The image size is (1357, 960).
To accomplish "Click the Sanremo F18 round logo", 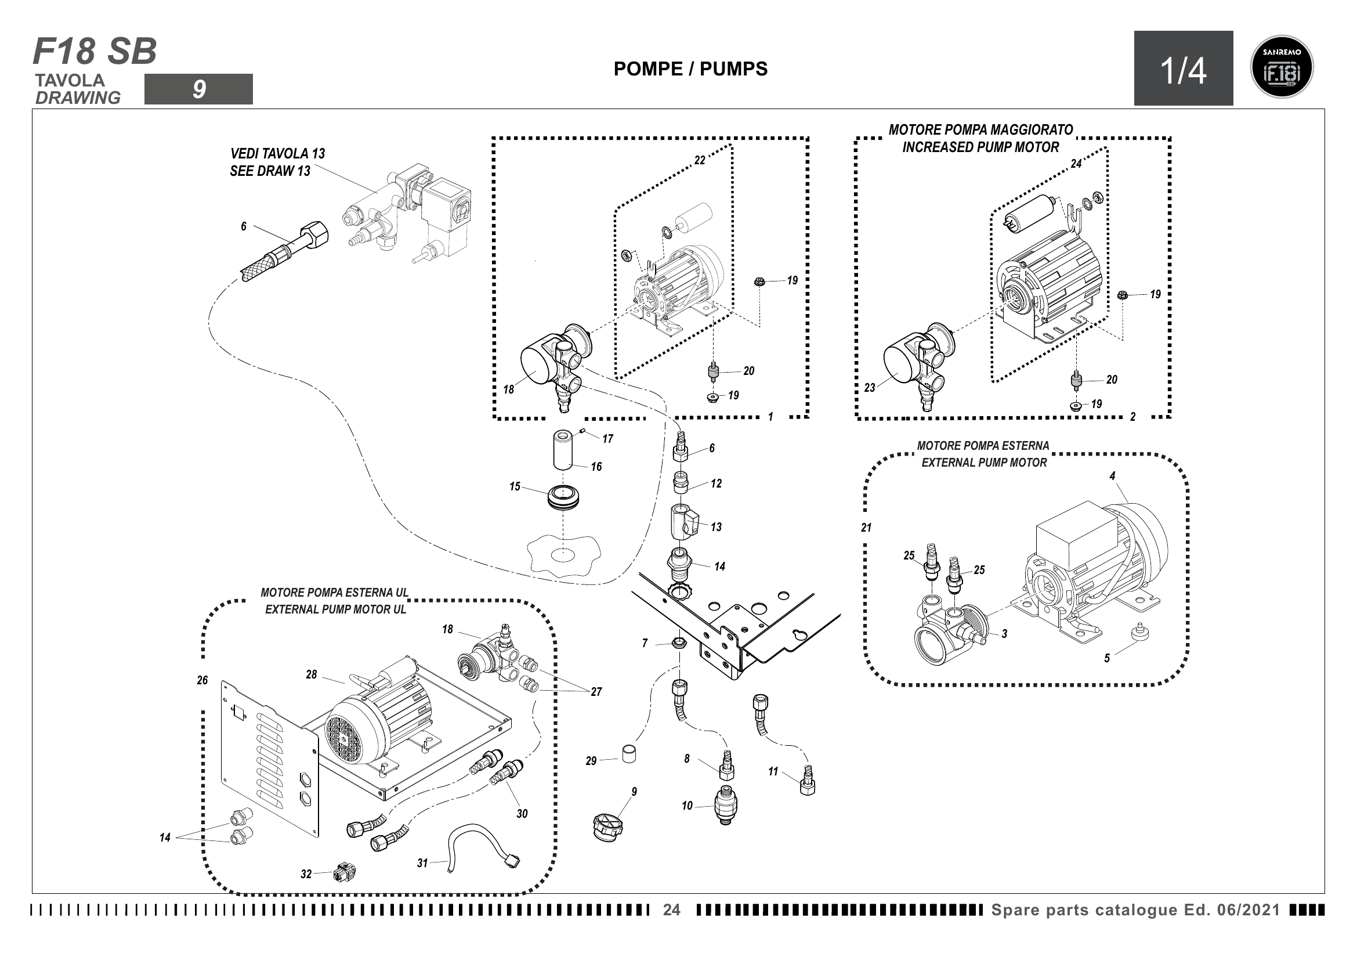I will pyautogui.click(x=1282, y=67).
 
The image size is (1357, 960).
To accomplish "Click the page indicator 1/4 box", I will pyautogui.click(x=1182, y=68).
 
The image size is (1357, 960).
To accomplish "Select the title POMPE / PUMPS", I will pyautogui.click(x=690, y=69).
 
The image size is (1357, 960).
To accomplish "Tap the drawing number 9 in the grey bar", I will pyautogui.click(x=198, y=89).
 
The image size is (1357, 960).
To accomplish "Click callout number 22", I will pyautogui.click(x=699, y=161).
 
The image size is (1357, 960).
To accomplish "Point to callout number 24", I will pyautogui.click(x=1076, y=164).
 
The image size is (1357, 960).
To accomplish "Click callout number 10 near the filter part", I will pyautogui.click(x=687, y=806).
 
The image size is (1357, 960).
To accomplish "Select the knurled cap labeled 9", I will pyautogui.click(x=606, y=827).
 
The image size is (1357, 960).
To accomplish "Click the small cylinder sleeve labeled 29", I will pyautogui.click(x=629, y=755).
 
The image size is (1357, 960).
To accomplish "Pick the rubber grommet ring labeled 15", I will pyautogui.click(x=563, y=497).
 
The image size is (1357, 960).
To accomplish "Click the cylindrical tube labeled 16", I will pyautogui.click(x=563, y=450).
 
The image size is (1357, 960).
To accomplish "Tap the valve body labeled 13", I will pyautogui.click(x=683, y=520).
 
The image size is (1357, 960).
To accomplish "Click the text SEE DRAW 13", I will pyautogui.click(x=270, y=171).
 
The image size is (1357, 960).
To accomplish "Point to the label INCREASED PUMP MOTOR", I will pyautogui.click(x=980, y=147).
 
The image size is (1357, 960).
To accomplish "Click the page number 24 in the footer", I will pyautogui.click(x=671, y=910).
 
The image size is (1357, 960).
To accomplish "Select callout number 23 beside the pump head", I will pyautogui.click(x=870, y=388).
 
